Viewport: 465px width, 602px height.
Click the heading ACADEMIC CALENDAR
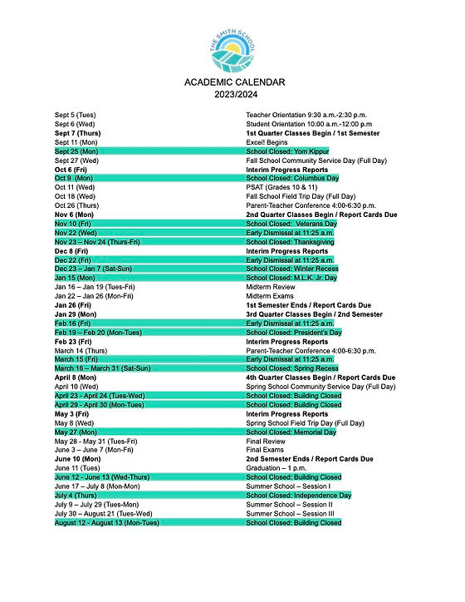coord(234,82)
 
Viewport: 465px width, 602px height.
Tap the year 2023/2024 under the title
coord(234,94)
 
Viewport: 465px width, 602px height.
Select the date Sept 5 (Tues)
coord(76,114)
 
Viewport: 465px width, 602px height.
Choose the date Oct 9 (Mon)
coord(74,178)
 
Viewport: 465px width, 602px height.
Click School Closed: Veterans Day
coord(291,224)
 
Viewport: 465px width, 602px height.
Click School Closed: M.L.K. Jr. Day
coord(293,278)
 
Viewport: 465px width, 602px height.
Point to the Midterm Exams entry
coord(270,296)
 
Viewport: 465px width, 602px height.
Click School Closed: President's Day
coord(294,333)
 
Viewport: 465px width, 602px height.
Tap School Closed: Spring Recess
coord(292,368)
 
